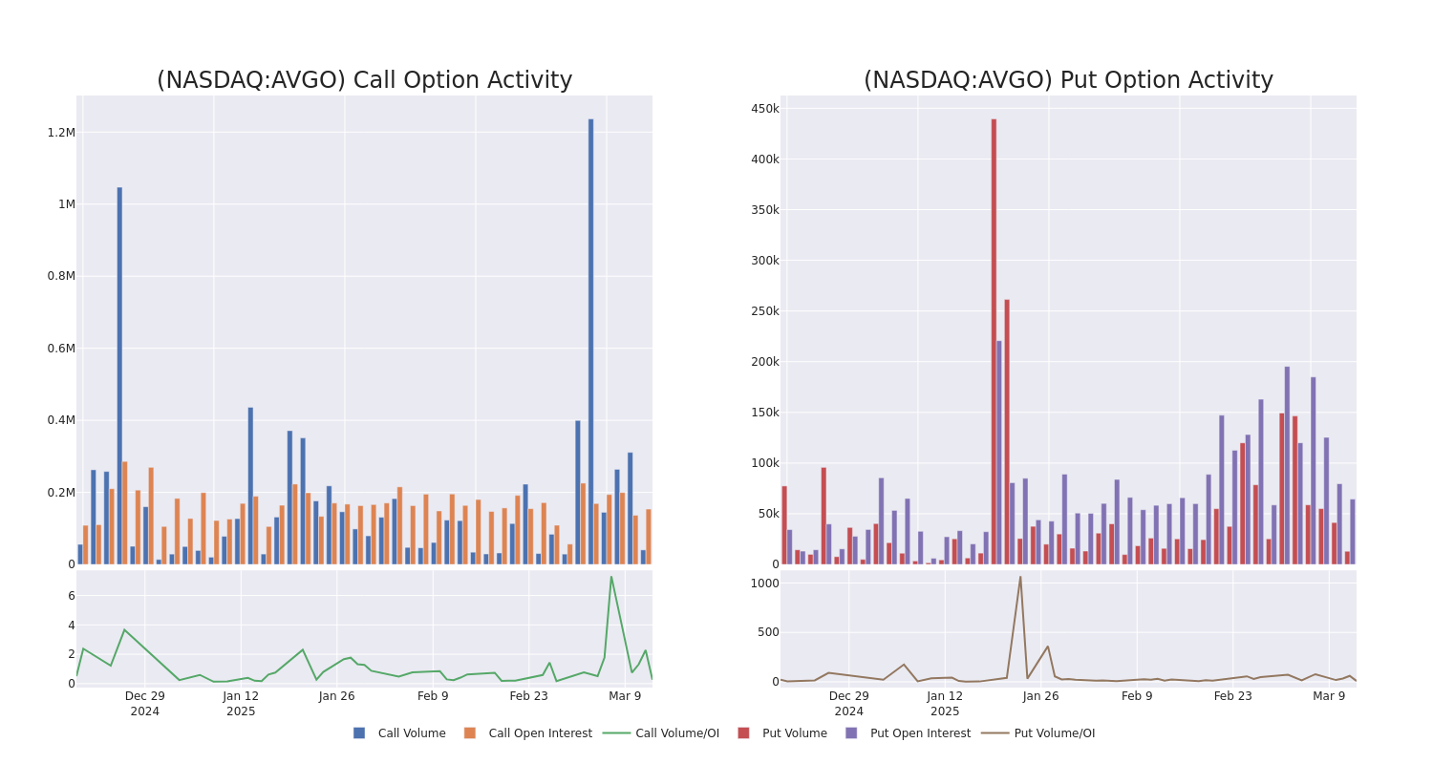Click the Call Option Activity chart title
point(364,80)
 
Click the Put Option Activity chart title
point(1068,80)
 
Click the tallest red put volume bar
point(994,341)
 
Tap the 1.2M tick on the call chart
point(61,133)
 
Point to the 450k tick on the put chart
point(764,109)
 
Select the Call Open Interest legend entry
point(540,733)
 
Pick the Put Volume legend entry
point(794,733)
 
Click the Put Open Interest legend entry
point(919,733)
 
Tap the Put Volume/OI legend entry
point(1054,733)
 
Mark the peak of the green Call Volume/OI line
point(611,576)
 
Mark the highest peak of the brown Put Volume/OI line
point(1019,576)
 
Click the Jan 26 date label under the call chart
point(336,696)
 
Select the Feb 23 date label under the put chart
point(1232,696)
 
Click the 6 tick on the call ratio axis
point(71,596)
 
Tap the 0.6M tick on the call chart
point(61,349)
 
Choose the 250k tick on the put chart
point(764,311)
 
